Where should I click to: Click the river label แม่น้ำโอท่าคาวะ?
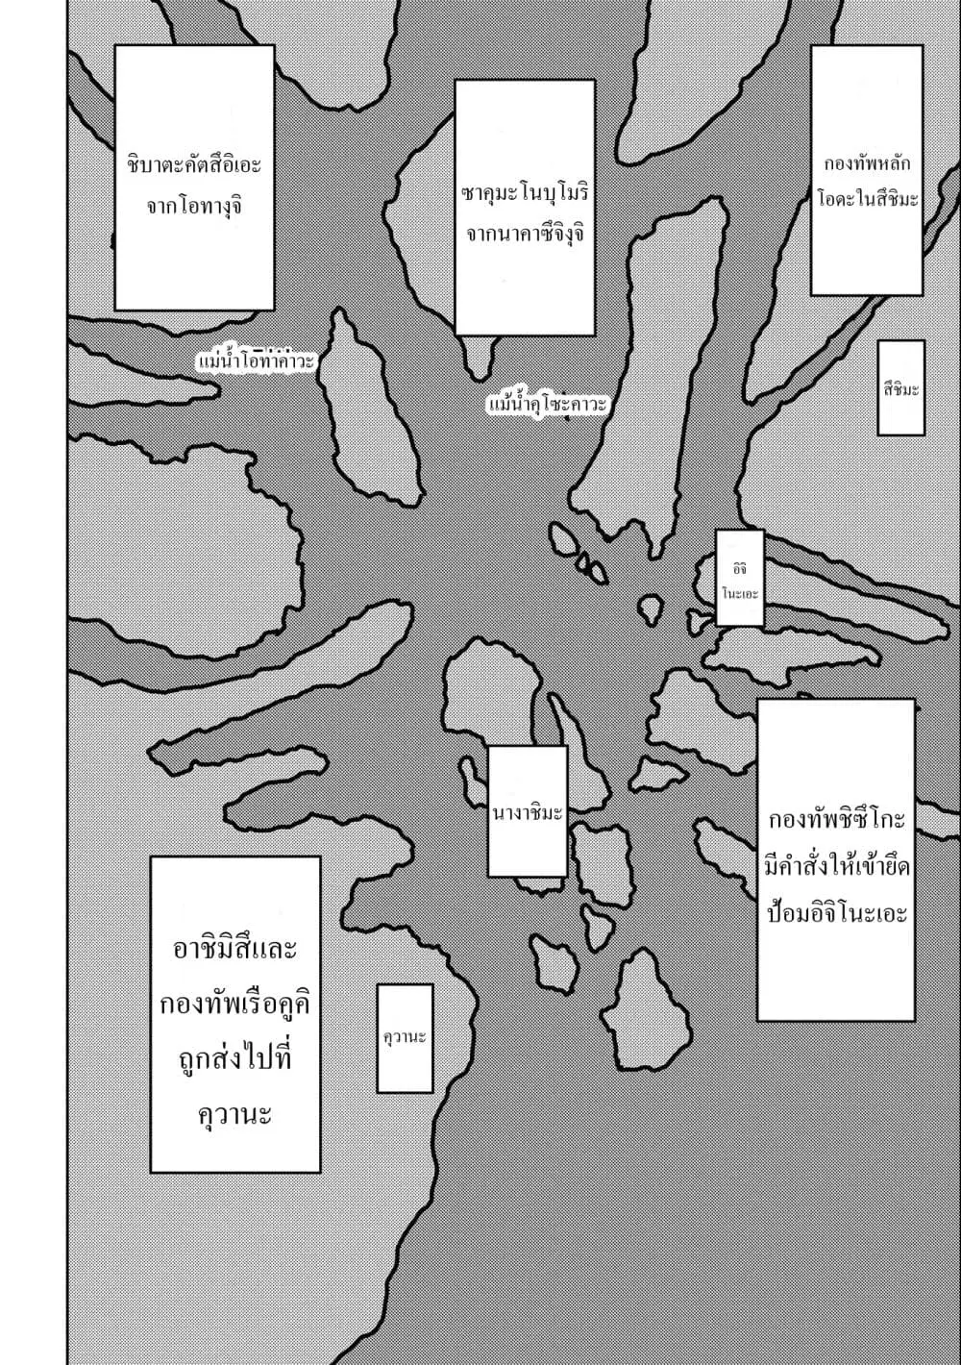coord(256,361)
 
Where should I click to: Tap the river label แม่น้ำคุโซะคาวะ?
coord(548,405)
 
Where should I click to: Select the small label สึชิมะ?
coord(901,388)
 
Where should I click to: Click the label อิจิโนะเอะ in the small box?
coord(740,581)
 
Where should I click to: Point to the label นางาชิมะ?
coord(528,812)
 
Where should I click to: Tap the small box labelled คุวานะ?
coord(405,1036)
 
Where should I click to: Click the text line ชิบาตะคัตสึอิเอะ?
coord(194,164)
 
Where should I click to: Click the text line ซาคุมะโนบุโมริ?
coord(525,194)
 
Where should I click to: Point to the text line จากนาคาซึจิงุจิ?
coord(525,235)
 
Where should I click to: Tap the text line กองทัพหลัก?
coord(868,164)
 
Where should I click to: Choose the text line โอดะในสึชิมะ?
coord(868,199)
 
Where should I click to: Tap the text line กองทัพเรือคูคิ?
coord(235,1004)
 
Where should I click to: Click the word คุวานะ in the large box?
coord(235,1114)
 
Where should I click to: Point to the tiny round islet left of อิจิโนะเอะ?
coord(651,608)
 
